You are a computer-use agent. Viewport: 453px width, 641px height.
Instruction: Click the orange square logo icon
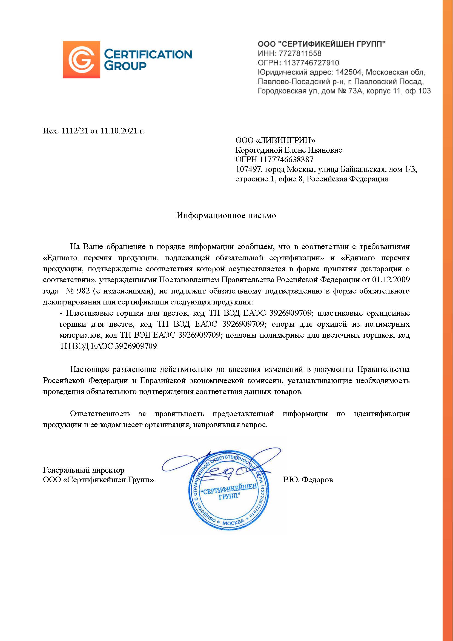point(81,59)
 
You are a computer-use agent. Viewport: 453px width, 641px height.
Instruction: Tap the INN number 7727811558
point(300,53)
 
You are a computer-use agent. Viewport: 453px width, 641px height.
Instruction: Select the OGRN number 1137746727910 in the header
point(311,63)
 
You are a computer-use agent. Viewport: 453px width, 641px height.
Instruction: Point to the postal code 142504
point(348,72)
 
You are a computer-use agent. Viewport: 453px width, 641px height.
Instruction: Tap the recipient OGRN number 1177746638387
point(286,159)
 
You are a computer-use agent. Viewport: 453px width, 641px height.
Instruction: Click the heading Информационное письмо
point(226,215)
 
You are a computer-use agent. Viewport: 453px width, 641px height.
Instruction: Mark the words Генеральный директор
point(84,470)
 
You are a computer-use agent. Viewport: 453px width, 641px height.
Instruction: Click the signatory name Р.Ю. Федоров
point(308,480)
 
